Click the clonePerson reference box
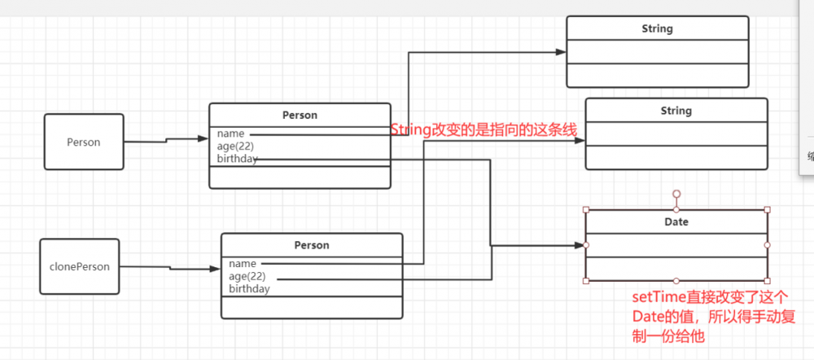click(x=80, y=266)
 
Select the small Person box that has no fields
click(x=84, y=142)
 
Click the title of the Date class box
click(x=676, y=222)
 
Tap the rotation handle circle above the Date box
click(x=676, y=195)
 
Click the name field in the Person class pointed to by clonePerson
click(x=243, y=264)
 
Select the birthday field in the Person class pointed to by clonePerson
click(x=249, y=288)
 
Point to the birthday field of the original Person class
click(x=237, y=159)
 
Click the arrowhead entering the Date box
click(x=580, y=245)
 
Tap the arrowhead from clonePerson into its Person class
click(x=215, y=268)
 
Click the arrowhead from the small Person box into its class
click(x=203, y=138)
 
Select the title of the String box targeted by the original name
click(x=657, y=29)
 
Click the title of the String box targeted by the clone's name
click(x=676, y=111)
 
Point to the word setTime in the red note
click(x=656, y=298)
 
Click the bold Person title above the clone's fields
click(x=311, y=245)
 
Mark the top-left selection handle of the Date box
click(x=586, y=209)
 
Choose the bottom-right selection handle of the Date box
click(x=767, y=281)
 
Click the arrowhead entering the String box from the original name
click(x=561, y=52)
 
